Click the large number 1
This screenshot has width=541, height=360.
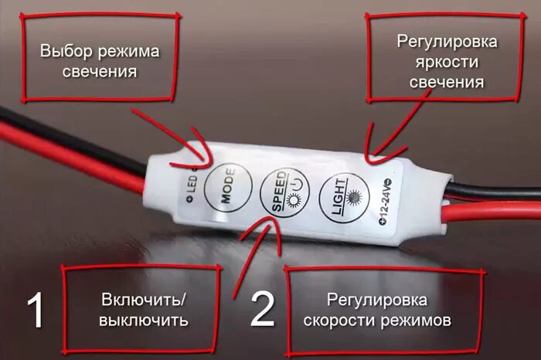point(36,311)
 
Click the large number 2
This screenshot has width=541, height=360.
point(262,311)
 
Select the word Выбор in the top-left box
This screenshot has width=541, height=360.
point(64,52)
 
